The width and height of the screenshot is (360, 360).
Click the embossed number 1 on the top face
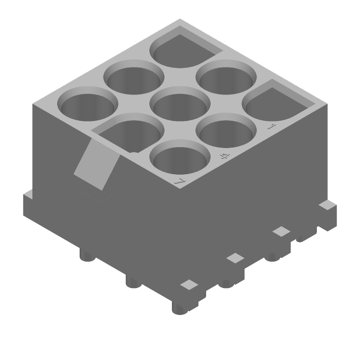(270, 126)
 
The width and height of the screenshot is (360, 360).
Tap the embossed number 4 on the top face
(224, 156)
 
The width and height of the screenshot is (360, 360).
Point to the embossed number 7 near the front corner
(180, 181)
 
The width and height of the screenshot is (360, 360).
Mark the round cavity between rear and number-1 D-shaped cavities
(226, 77)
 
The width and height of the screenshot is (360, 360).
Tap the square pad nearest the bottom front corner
(189, 284)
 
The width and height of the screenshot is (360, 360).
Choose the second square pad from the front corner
(235, 258)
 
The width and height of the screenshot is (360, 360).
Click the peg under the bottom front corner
(180, 308)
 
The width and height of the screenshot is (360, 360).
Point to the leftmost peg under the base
(87, 256)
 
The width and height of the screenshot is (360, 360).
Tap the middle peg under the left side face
(133, 282)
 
